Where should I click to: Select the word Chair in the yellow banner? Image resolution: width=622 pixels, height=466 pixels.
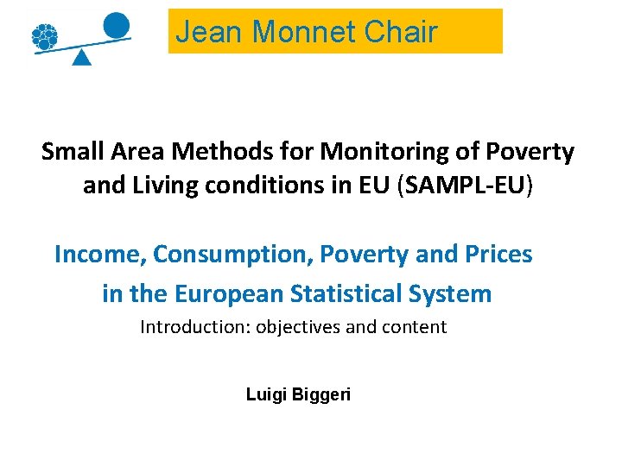(401, 32)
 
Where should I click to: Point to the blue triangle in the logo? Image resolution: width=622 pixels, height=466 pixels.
(81, 57)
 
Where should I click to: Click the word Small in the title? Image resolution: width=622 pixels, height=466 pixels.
(73, 152)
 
